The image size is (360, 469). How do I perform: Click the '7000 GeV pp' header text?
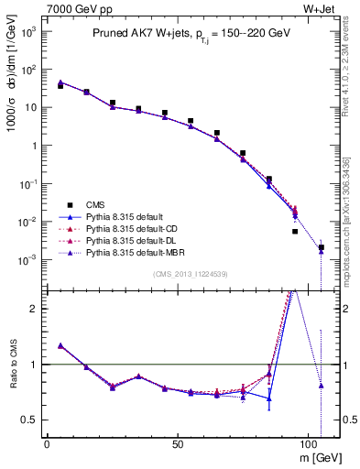point(73,9)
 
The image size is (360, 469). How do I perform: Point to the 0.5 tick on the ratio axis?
point(29,420)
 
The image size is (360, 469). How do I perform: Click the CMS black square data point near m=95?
point(295,232)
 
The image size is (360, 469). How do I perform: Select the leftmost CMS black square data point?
point(60,86)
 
